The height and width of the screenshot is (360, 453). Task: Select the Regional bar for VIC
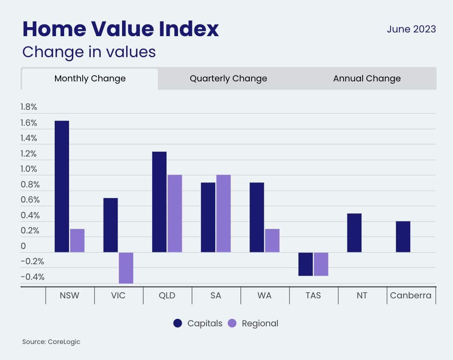126,268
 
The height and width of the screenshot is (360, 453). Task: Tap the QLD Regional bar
175,213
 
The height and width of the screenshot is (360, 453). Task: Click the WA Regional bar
272,240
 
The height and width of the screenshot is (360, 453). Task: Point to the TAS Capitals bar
305,264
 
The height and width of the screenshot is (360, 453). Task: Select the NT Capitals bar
354,233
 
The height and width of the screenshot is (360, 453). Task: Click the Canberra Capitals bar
403,237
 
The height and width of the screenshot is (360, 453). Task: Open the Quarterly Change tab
228,78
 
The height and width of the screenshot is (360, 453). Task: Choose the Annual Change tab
367,78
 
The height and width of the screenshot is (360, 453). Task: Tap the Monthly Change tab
90,78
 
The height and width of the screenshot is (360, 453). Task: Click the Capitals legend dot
178,323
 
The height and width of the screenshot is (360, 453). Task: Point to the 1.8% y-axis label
29,107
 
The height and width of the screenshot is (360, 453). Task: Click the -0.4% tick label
32,277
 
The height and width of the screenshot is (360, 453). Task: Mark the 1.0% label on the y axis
29,169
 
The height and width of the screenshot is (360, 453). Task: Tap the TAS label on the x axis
313,295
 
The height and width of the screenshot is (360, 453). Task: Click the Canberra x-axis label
411,295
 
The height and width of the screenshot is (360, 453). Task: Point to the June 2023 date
411,30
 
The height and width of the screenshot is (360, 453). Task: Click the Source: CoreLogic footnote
51,342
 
